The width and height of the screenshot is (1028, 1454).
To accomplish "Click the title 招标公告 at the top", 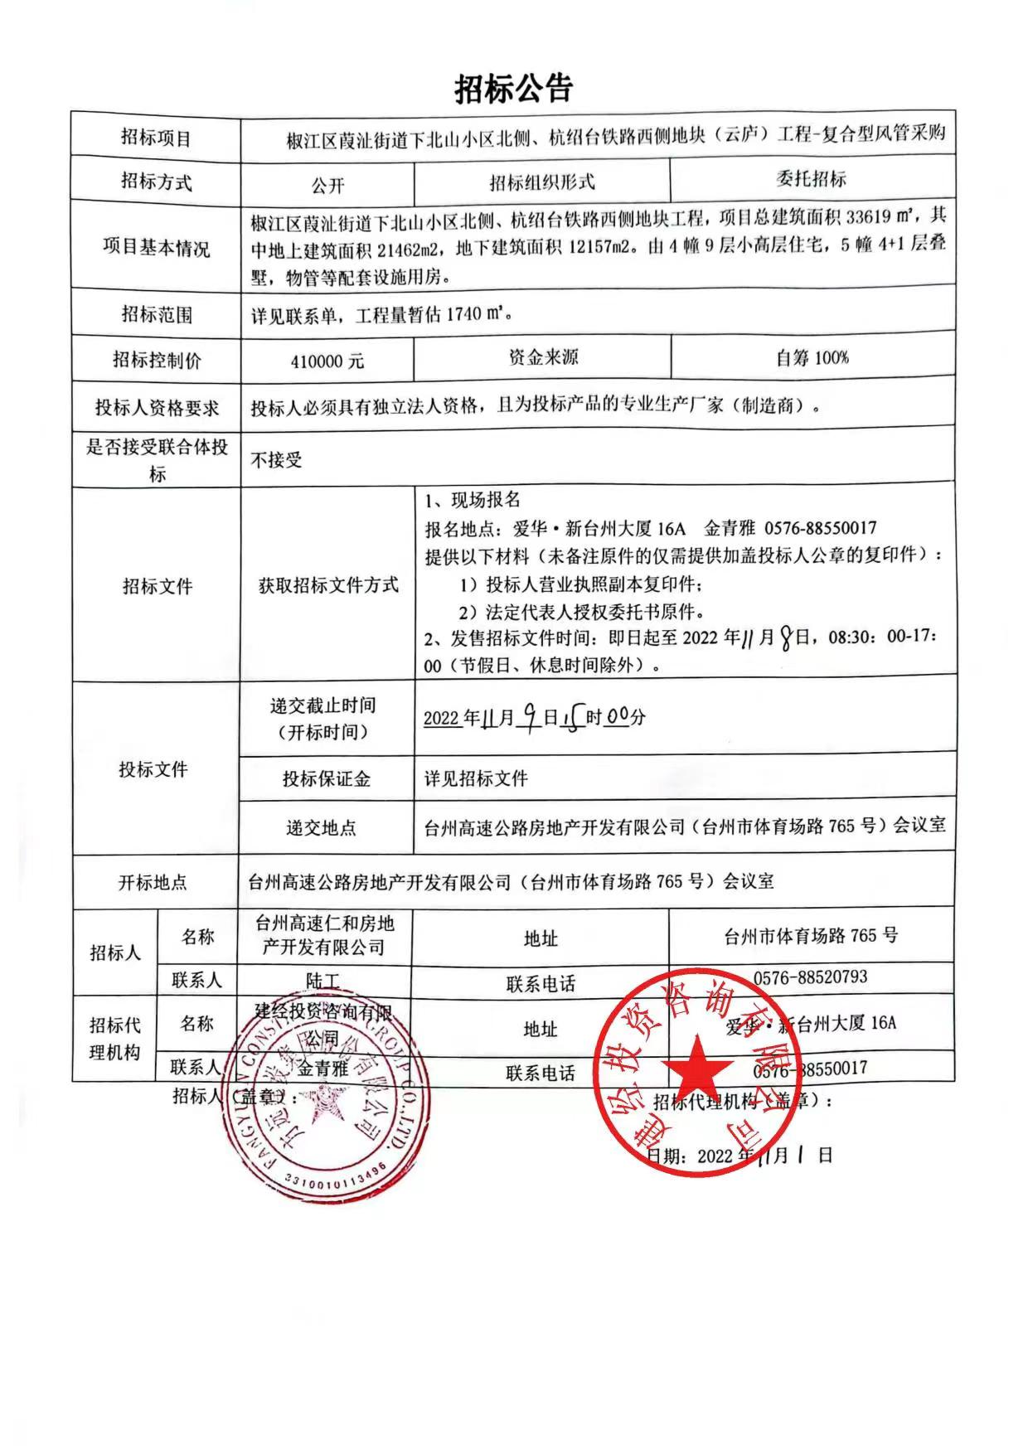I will point(513,88).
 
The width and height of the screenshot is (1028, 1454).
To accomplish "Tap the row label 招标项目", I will point(156,138).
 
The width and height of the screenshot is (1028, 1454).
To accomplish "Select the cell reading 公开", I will point(327,185).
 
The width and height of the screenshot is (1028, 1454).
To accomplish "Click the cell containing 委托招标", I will point(811,179).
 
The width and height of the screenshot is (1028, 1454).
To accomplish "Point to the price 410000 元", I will point(327,361).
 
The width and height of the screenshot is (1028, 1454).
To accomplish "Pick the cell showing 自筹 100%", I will point(812,358).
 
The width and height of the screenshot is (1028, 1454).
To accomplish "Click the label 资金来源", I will point(543,357).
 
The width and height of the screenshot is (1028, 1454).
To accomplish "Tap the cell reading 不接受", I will point(277,459).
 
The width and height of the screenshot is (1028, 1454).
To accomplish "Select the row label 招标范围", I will point(156,314).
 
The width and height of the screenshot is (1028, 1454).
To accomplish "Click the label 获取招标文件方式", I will point(328,585).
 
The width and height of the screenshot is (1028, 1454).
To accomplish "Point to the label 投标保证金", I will point(327,778).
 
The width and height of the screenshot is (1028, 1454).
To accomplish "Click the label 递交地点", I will point(321,827).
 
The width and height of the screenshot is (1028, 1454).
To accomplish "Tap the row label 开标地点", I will point(153,882).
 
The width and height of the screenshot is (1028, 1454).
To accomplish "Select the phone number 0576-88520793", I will point(810,977).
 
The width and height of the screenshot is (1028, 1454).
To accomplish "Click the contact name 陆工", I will point(322,981).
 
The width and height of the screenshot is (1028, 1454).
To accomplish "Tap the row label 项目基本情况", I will point(156,247).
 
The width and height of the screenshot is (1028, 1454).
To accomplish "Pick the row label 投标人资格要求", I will point(156,407).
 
